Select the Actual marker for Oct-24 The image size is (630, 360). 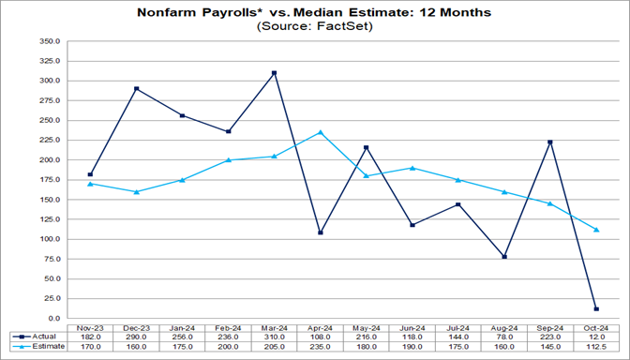click(596, 308)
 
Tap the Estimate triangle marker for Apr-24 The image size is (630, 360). click(320, 132)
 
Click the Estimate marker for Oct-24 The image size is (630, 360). click(596, 230)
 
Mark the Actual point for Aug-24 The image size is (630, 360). click(504, 257)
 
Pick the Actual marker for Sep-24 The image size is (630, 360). click(550, 142)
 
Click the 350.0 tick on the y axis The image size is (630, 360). click(49, 41)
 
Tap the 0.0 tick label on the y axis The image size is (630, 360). click(53, 319)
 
